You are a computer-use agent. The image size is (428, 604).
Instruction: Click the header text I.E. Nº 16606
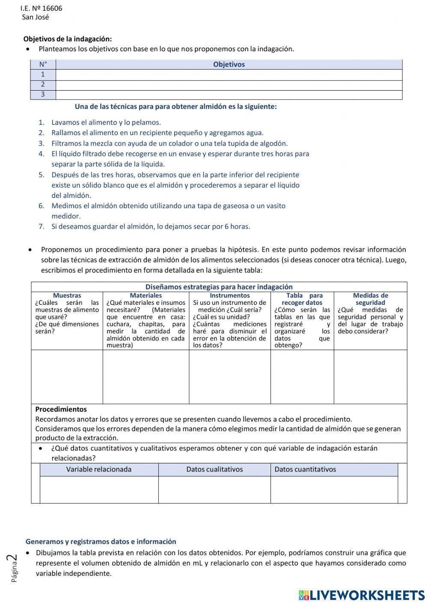click(41, 9)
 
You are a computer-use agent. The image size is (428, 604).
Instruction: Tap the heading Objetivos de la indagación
click(67, 39)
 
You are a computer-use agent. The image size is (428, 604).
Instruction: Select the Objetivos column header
click(229, 65)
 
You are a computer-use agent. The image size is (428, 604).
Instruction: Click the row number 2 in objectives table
click(43, 85)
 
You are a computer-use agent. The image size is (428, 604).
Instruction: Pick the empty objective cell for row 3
click(229, 95)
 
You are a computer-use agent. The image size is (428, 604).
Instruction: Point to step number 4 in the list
click(42, 154)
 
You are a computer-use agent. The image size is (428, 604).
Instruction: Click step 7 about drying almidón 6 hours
click(151, 227)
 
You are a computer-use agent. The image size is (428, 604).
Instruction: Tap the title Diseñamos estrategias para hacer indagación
click(219, 287)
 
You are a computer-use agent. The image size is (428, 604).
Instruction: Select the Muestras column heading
click(67, 295)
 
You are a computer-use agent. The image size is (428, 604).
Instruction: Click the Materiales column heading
click(146, 295)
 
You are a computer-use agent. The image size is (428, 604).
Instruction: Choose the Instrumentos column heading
click(230, 295)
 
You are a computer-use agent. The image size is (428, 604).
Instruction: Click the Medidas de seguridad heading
click(370, 299)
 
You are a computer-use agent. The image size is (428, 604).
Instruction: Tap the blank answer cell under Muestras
click(67, 377)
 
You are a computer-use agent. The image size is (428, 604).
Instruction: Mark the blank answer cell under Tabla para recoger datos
click(302, 377)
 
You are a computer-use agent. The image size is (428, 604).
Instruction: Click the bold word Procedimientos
click(61, 409)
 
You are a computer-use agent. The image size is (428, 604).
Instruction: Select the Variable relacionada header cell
click(99, 469)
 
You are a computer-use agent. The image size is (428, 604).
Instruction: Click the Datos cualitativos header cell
click(214, 469)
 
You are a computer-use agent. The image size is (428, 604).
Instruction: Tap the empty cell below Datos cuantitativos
click(334, 489)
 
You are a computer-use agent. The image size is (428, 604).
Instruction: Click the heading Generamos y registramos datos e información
click(101, 541)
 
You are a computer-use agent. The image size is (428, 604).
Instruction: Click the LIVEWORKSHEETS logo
click(362, 595)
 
